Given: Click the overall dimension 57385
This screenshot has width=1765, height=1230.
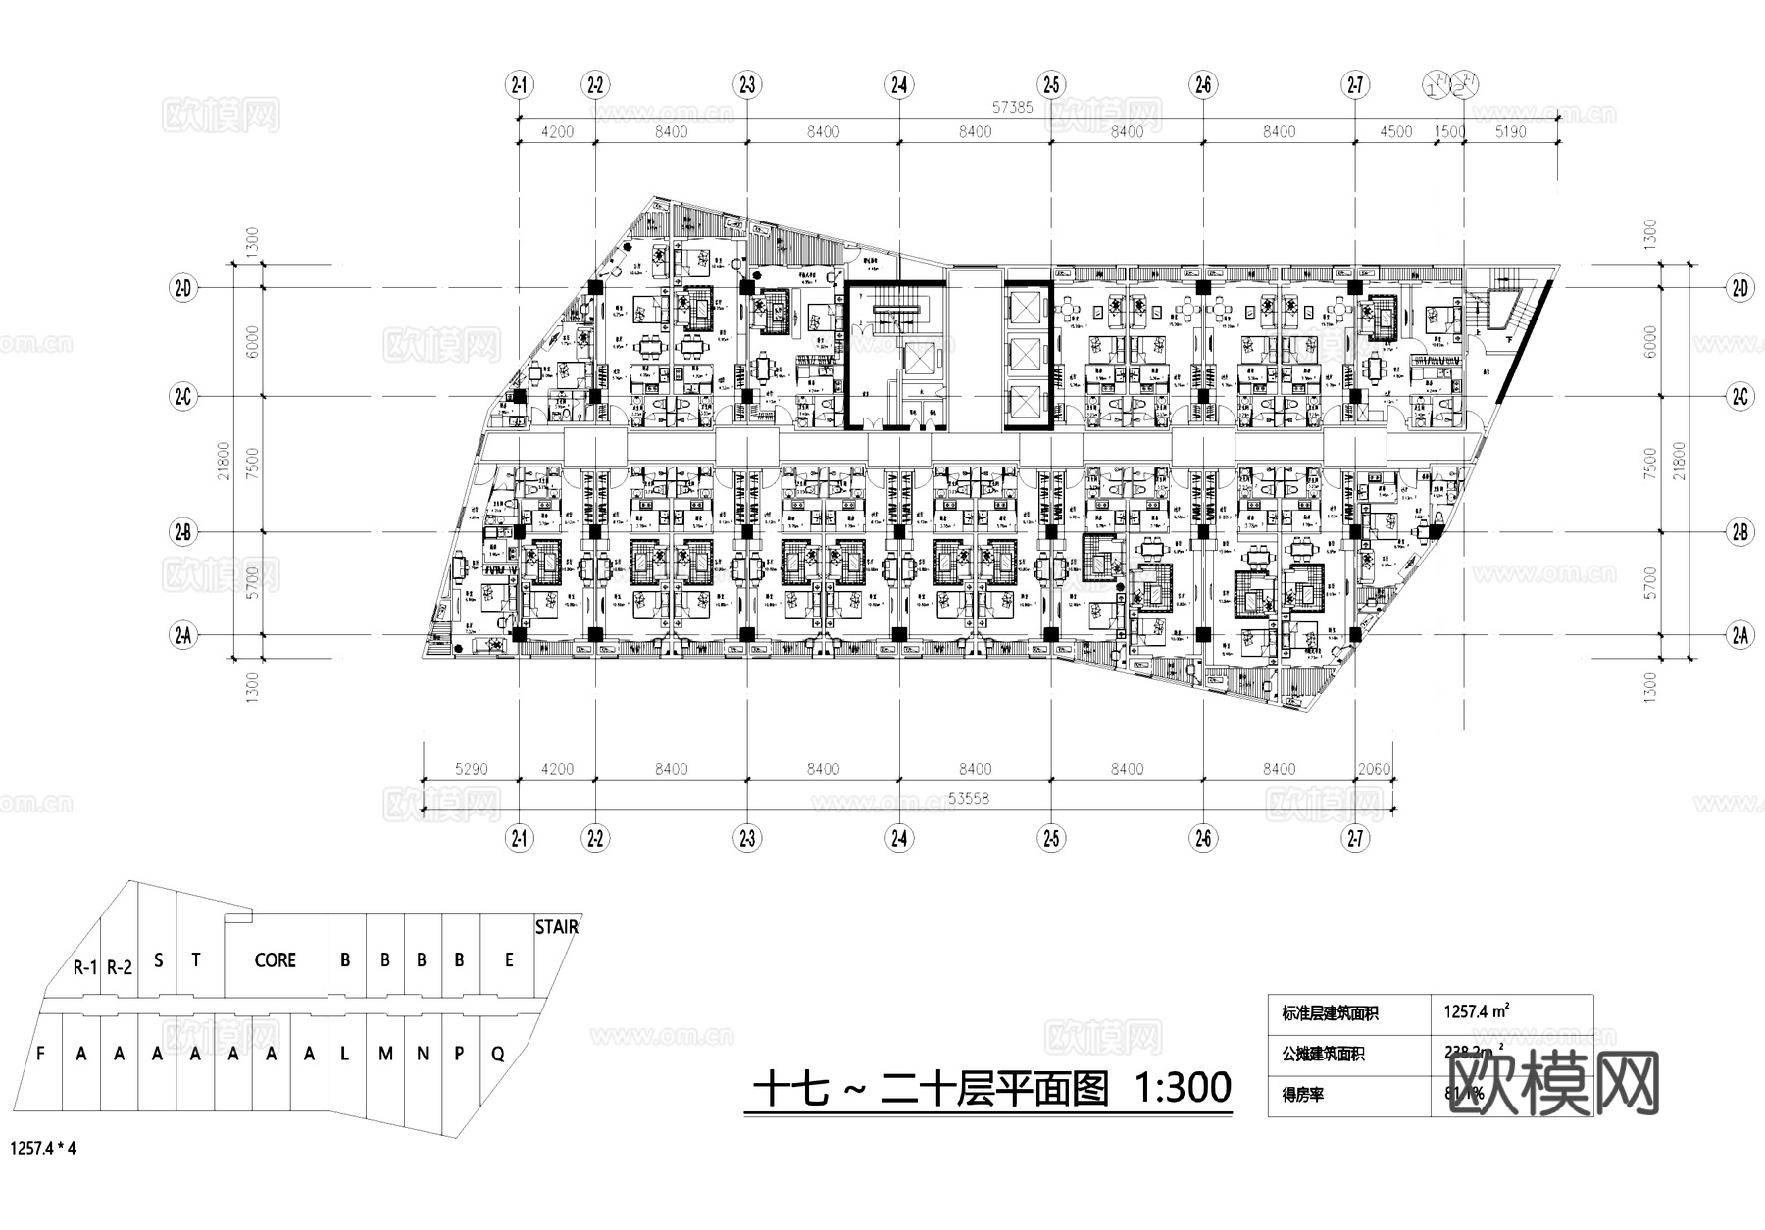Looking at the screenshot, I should (1013, 109).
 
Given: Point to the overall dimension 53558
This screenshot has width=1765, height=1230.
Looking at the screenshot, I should (969, 799).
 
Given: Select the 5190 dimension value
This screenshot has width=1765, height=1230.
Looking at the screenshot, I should (1511, 132).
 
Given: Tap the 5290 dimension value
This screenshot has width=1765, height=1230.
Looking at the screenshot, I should (472, 770).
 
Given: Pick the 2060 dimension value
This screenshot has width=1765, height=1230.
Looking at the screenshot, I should (1374, 770).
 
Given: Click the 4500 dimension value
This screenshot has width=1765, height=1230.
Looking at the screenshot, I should (1395, 132).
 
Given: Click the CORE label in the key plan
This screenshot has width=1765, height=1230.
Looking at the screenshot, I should (275, 960).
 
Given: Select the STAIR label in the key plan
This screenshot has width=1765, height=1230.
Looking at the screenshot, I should (556, 927).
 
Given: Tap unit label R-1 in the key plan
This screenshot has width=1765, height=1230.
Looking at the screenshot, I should (85, 968).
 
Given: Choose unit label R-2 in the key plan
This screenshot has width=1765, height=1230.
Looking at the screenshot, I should (120, 968).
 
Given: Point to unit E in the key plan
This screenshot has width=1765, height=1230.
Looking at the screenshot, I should (509, 960).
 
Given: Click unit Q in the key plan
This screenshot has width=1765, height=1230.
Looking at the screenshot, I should (498, 1055).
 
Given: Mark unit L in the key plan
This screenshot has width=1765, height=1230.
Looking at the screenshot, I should (345, 1055).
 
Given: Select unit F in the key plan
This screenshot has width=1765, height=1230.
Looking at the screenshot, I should (40, 1055).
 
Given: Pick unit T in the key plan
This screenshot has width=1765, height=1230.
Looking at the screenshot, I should (196, 959).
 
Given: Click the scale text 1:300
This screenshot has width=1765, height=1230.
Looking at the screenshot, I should (1182, 1088).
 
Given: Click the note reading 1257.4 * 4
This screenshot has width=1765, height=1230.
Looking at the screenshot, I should (43, 1148).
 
